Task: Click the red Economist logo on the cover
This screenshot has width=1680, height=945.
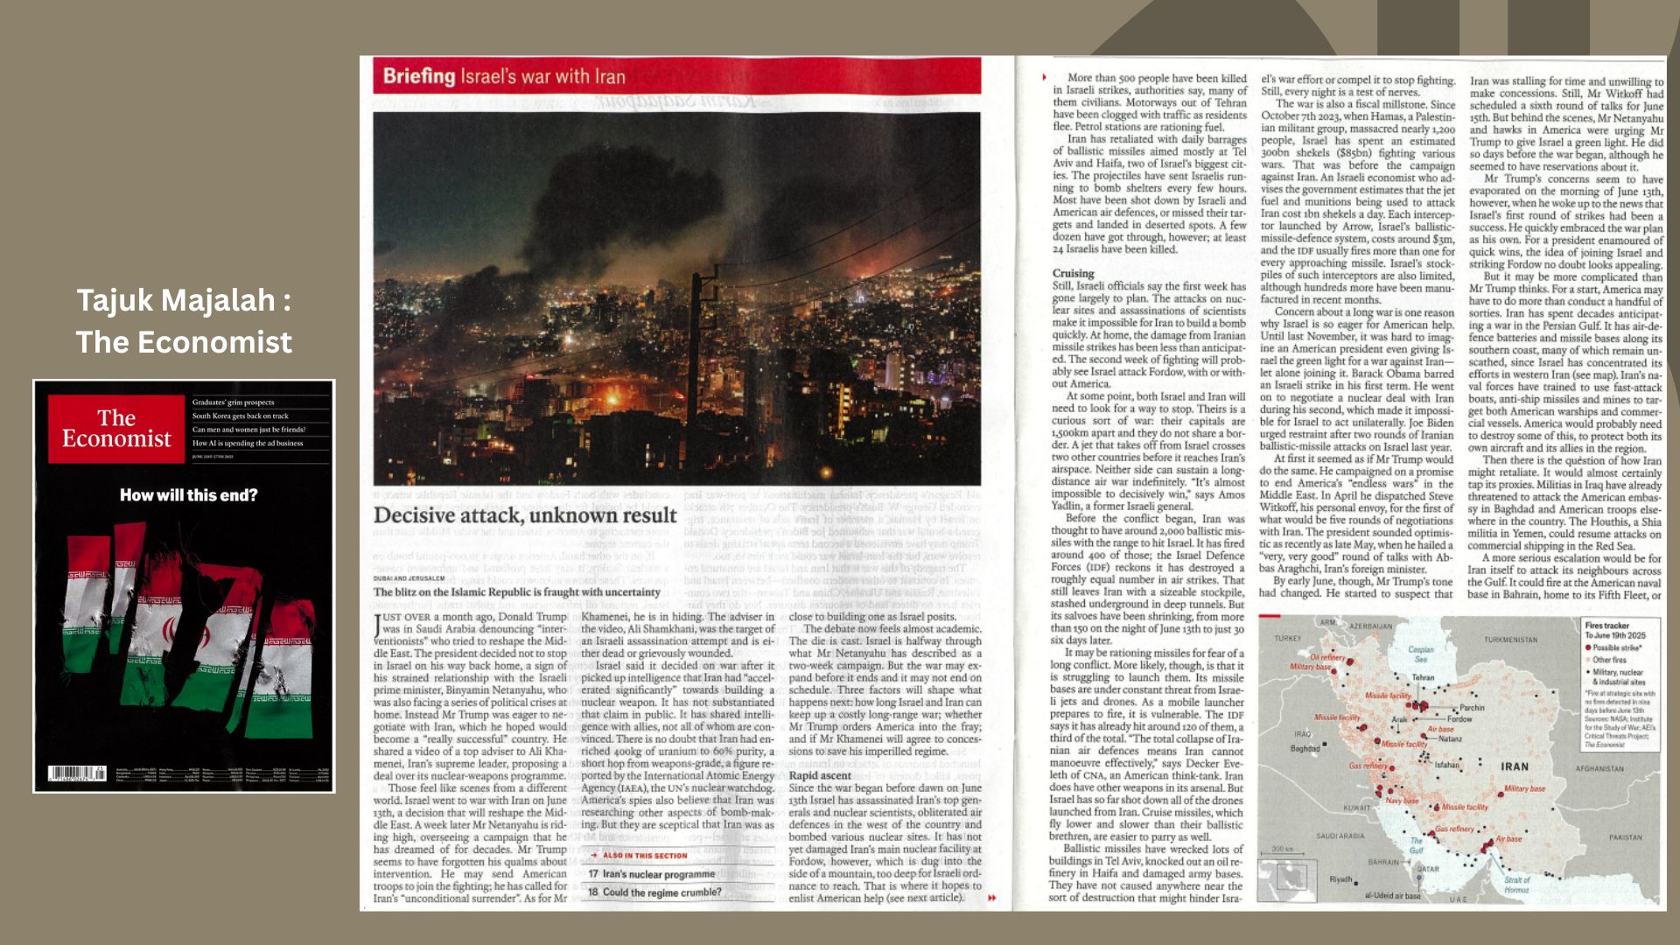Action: coord(116,429)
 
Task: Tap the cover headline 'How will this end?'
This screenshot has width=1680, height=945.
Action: coord(188,495)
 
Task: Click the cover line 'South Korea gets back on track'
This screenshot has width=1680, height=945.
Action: coord(241,416)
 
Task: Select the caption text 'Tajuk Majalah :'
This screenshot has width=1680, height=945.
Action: coord(184,300)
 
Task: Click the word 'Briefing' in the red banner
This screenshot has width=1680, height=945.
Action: coord(419,76)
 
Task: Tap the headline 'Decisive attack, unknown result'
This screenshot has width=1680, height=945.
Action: coord(525,515)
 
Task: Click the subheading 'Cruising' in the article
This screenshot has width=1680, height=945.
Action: coord(1073,273)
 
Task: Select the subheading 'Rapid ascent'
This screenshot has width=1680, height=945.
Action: coord(820,775)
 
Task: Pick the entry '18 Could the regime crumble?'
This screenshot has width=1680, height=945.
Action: coord(654,892)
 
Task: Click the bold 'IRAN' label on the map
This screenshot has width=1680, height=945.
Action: coord(1515,766)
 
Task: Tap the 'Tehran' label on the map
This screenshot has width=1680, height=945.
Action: coord(1423,677)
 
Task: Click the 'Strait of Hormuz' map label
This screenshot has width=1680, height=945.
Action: coord(1516,885)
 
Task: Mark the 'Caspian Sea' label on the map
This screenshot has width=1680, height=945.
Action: coord(1421,654)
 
